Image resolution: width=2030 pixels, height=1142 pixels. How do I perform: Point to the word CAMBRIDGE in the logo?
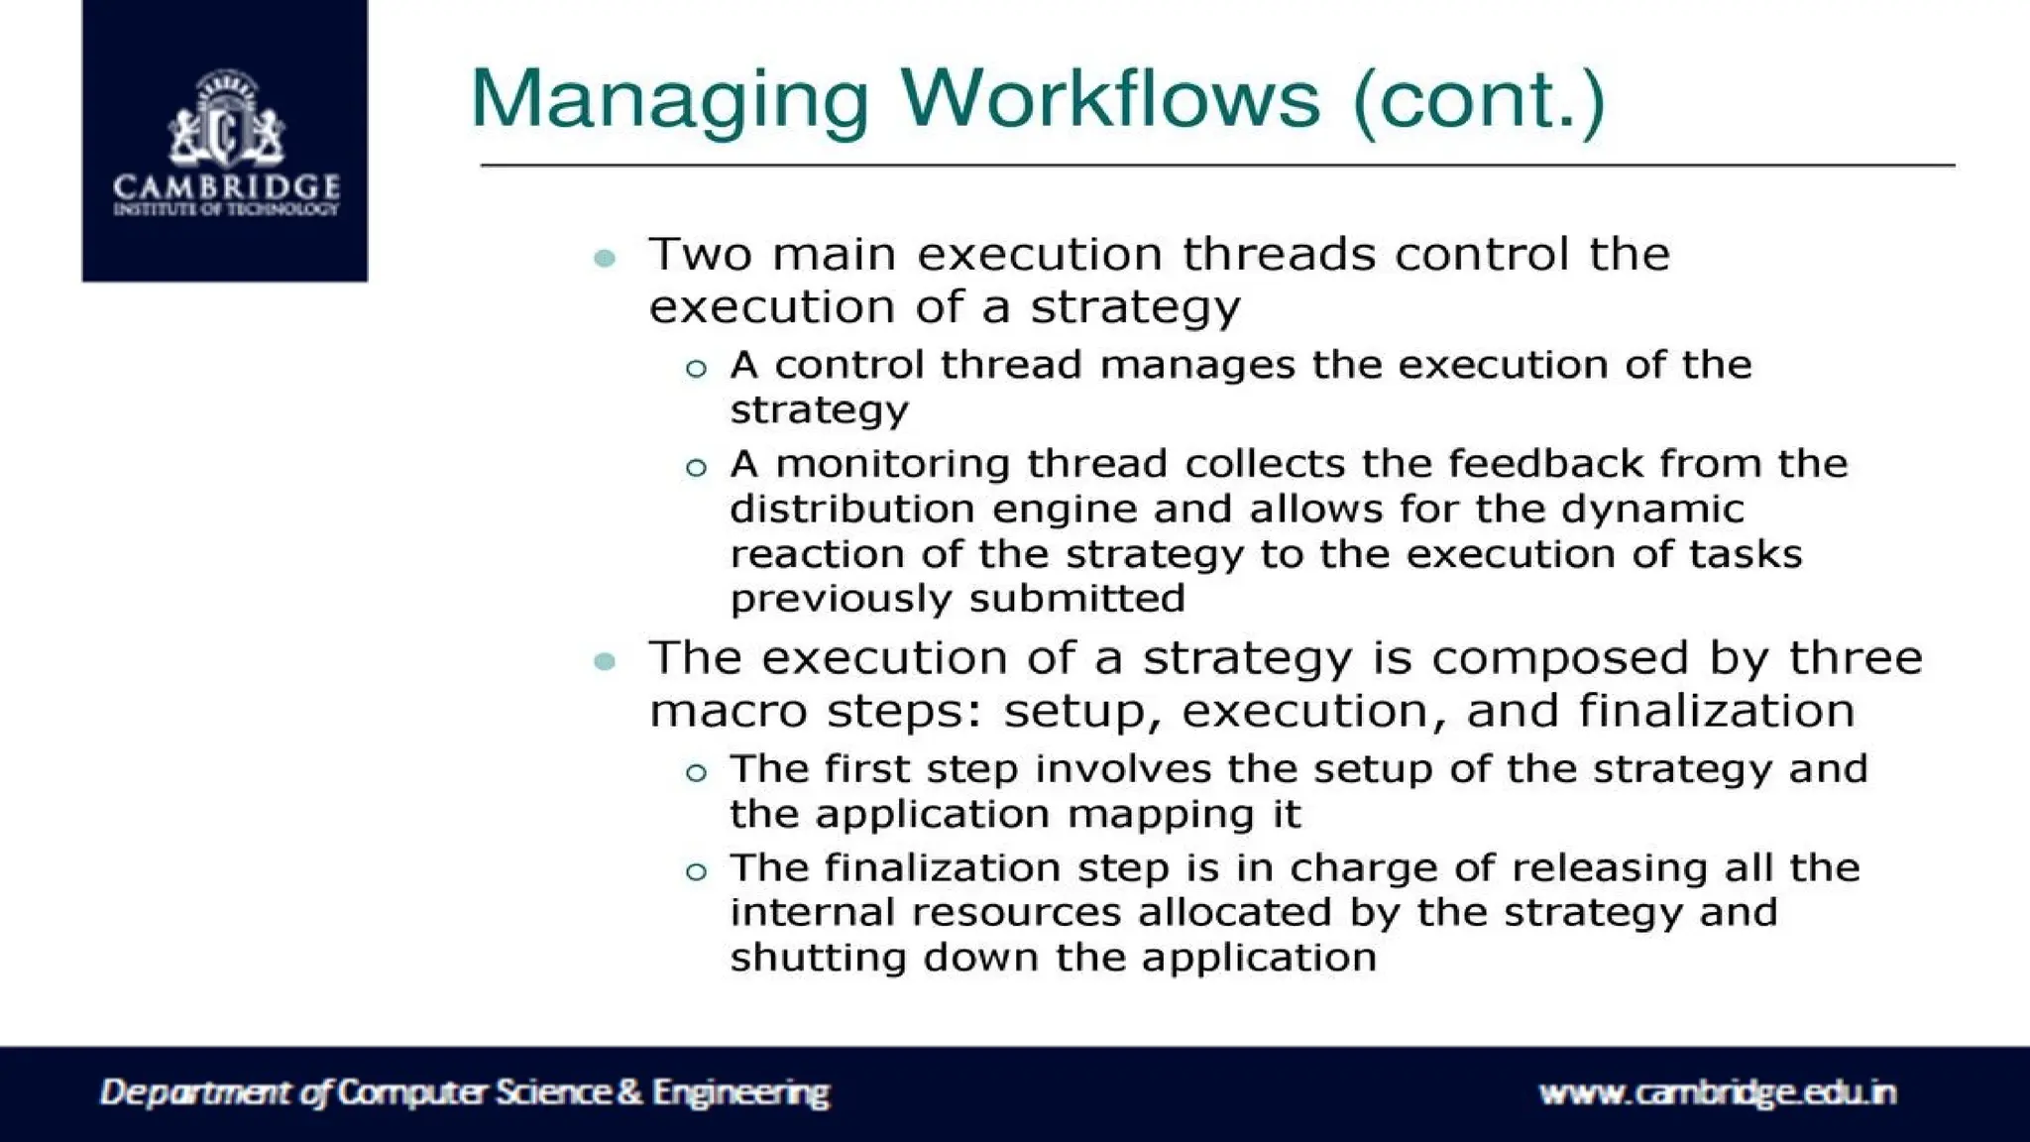(226, 186)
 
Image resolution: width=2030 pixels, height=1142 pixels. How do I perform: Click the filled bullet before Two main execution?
(605, 259)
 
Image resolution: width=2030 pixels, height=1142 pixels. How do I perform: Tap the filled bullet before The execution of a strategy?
(605, 661)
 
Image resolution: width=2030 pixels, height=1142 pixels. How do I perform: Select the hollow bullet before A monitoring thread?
(696, 468)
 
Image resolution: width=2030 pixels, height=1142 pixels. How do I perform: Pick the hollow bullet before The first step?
(696, 773)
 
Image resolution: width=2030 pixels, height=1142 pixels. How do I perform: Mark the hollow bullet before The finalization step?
(696, 872)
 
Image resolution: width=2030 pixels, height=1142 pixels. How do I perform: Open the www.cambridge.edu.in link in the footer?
(1717, 1093)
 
